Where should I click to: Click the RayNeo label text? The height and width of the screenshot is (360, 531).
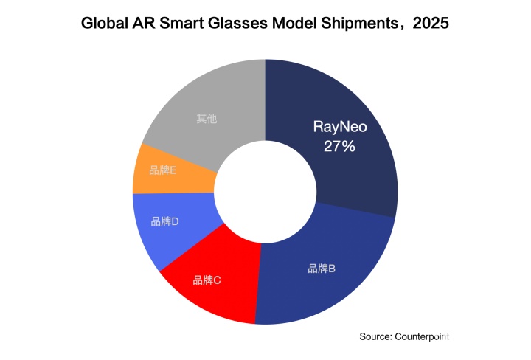339,127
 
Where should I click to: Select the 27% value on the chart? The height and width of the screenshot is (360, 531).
339,146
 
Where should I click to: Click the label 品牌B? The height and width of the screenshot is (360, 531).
322,268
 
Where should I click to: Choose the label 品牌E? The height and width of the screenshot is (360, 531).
162,170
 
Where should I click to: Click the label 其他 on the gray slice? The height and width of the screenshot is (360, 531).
206,118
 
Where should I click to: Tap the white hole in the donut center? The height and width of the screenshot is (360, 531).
265,192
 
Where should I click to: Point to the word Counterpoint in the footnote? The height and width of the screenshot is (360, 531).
422,336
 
